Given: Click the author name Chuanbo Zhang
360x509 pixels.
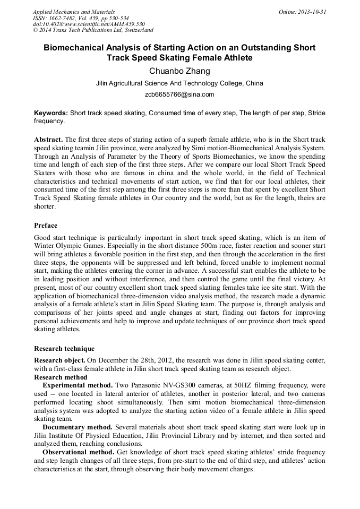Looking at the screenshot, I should tap(179, 71).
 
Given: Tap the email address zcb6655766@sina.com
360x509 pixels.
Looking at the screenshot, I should tap(179, 94).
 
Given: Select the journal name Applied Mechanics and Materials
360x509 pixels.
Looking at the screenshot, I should tap(73, 12).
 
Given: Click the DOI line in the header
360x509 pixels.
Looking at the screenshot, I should tap(89, 24).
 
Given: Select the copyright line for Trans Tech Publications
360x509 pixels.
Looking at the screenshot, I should tap(93, 30).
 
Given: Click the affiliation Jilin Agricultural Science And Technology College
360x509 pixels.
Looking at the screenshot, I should tap(179, 83).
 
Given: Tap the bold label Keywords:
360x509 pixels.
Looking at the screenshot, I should tap(51, 113).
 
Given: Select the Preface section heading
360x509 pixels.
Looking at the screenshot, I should tap(46, 226).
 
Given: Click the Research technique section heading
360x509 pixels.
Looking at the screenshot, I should tap(64, 349).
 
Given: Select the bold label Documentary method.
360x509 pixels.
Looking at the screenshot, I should tap(78, 427).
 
